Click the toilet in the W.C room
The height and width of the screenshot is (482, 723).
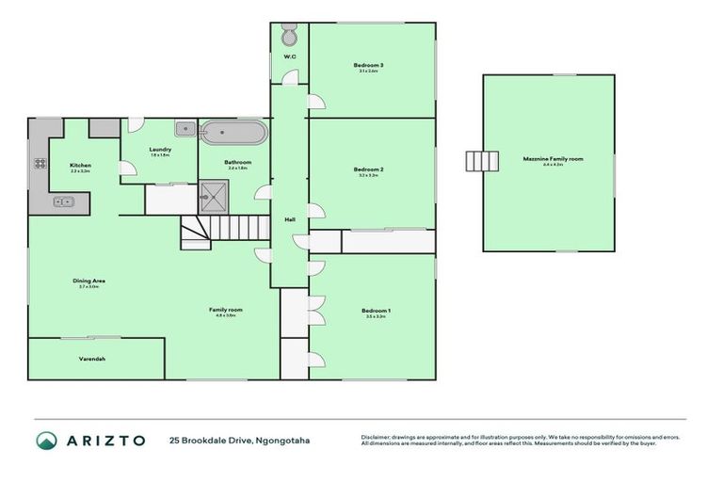pos(290,37)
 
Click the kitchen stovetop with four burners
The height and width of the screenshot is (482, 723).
pos(40,163)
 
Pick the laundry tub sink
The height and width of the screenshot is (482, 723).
pos(185,130)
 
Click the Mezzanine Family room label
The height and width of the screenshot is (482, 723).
pos(553,159)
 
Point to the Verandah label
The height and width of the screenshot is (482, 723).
pos(91,360)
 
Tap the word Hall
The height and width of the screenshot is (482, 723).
pos(290,219)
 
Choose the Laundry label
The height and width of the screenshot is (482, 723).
pos(159,149)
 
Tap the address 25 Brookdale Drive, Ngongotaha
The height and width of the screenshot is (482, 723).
pos(239,441)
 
